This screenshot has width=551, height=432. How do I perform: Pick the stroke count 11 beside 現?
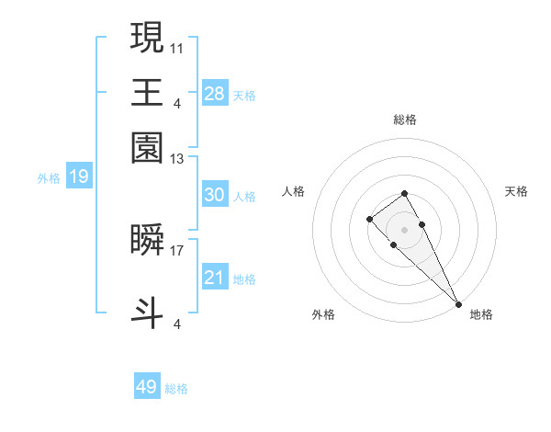[x=176, y=46]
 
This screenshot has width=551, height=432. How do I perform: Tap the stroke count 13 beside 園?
[x=176, y=159]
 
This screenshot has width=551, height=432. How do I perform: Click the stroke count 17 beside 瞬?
[x=176, y=248]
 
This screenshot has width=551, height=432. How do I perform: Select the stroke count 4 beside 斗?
[x=176, y=324]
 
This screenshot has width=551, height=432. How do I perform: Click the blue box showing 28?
[x=215, y=93]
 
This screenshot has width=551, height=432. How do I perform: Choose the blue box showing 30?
[x=215, y=195]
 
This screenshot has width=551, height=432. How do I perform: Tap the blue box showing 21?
[x=215, y=277]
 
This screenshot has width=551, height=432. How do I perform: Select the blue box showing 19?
[x=79, y=176]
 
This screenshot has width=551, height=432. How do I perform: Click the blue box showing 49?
[x=147, y=387]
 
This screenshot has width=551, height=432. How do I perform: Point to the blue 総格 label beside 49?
[x=177, y=389]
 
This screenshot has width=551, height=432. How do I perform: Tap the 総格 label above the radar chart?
[x=404, y=119]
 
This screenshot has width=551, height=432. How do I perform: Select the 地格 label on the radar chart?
[x=481, y=314]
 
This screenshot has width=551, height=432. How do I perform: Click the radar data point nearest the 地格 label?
[x=458, y=304]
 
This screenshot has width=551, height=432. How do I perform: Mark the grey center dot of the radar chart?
[x=404, y=229]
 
